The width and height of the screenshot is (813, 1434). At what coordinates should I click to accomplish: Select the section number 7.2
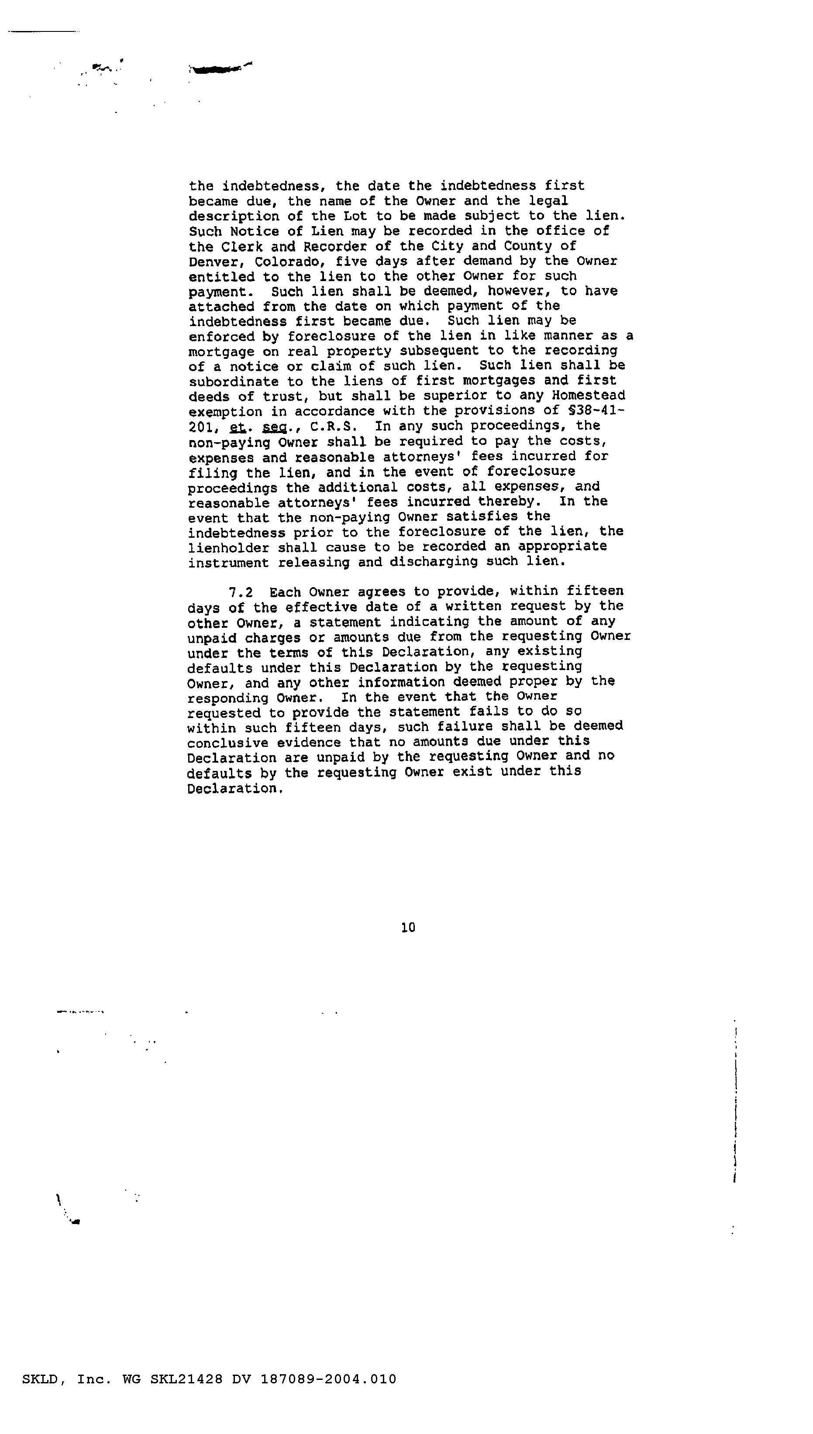241,591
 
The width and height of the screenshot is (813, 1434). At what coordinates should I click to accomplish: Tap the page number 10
408,928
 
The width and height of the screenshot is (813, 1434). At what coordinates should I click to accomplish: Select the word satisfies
482,517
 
